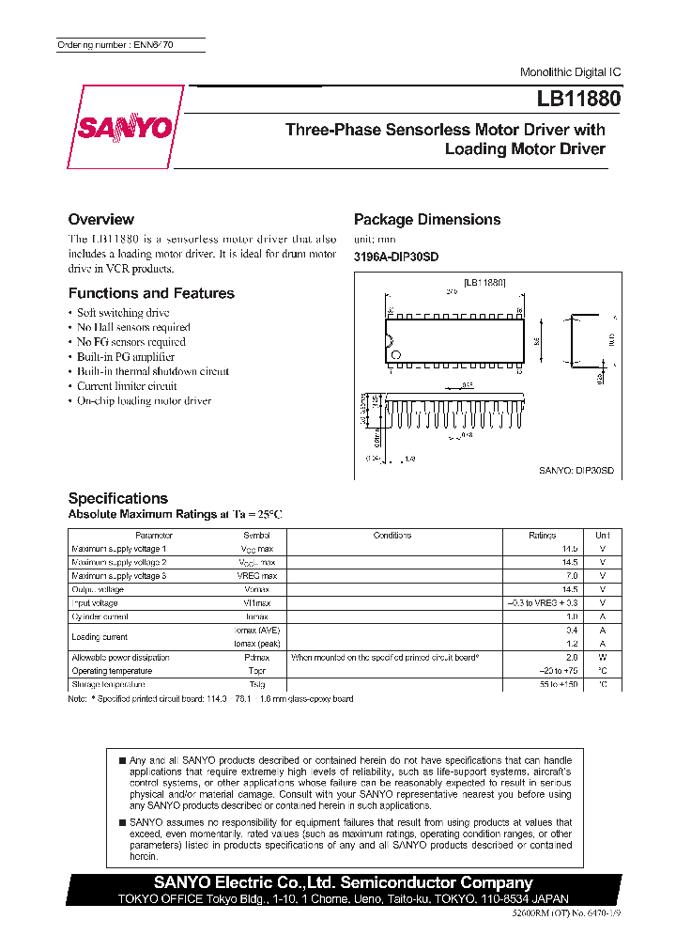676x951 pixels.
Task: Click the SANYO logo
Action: [x=124, y=128]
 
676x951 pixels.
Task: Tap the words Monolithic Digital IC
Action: [x=570, y=72]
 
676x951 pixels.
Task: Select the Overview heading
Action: [x=101, y=219]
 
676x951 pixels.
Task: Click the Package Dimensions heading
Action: [x=427, y=219]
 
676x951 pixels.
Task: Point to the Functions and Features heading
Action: [x=151, y=293]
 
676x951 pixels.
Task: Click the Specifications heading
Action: [x=118, y=498]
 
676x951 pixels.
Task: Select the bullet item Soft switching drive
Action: [x=122, y=313]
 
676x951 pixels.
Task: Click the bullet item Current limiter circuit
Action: [x=127, y=386]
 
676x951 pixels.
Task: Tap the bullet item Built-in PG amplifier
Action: [x=125, y=357]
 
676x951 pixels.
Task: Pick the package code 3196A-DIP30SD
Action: [x=396, y=257]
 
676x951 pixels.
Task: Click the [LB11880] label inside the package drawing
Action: [x=484, y=281]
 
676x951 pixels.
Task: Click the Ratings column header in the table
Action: [x=542, y=535]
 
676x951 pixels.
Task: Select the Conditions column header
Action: [x=392, y=535]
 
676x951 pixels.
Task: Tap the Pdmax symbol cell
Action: [x=256, y=658]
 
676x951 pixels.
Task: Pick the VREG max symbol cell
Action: [x=256, y=575]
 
